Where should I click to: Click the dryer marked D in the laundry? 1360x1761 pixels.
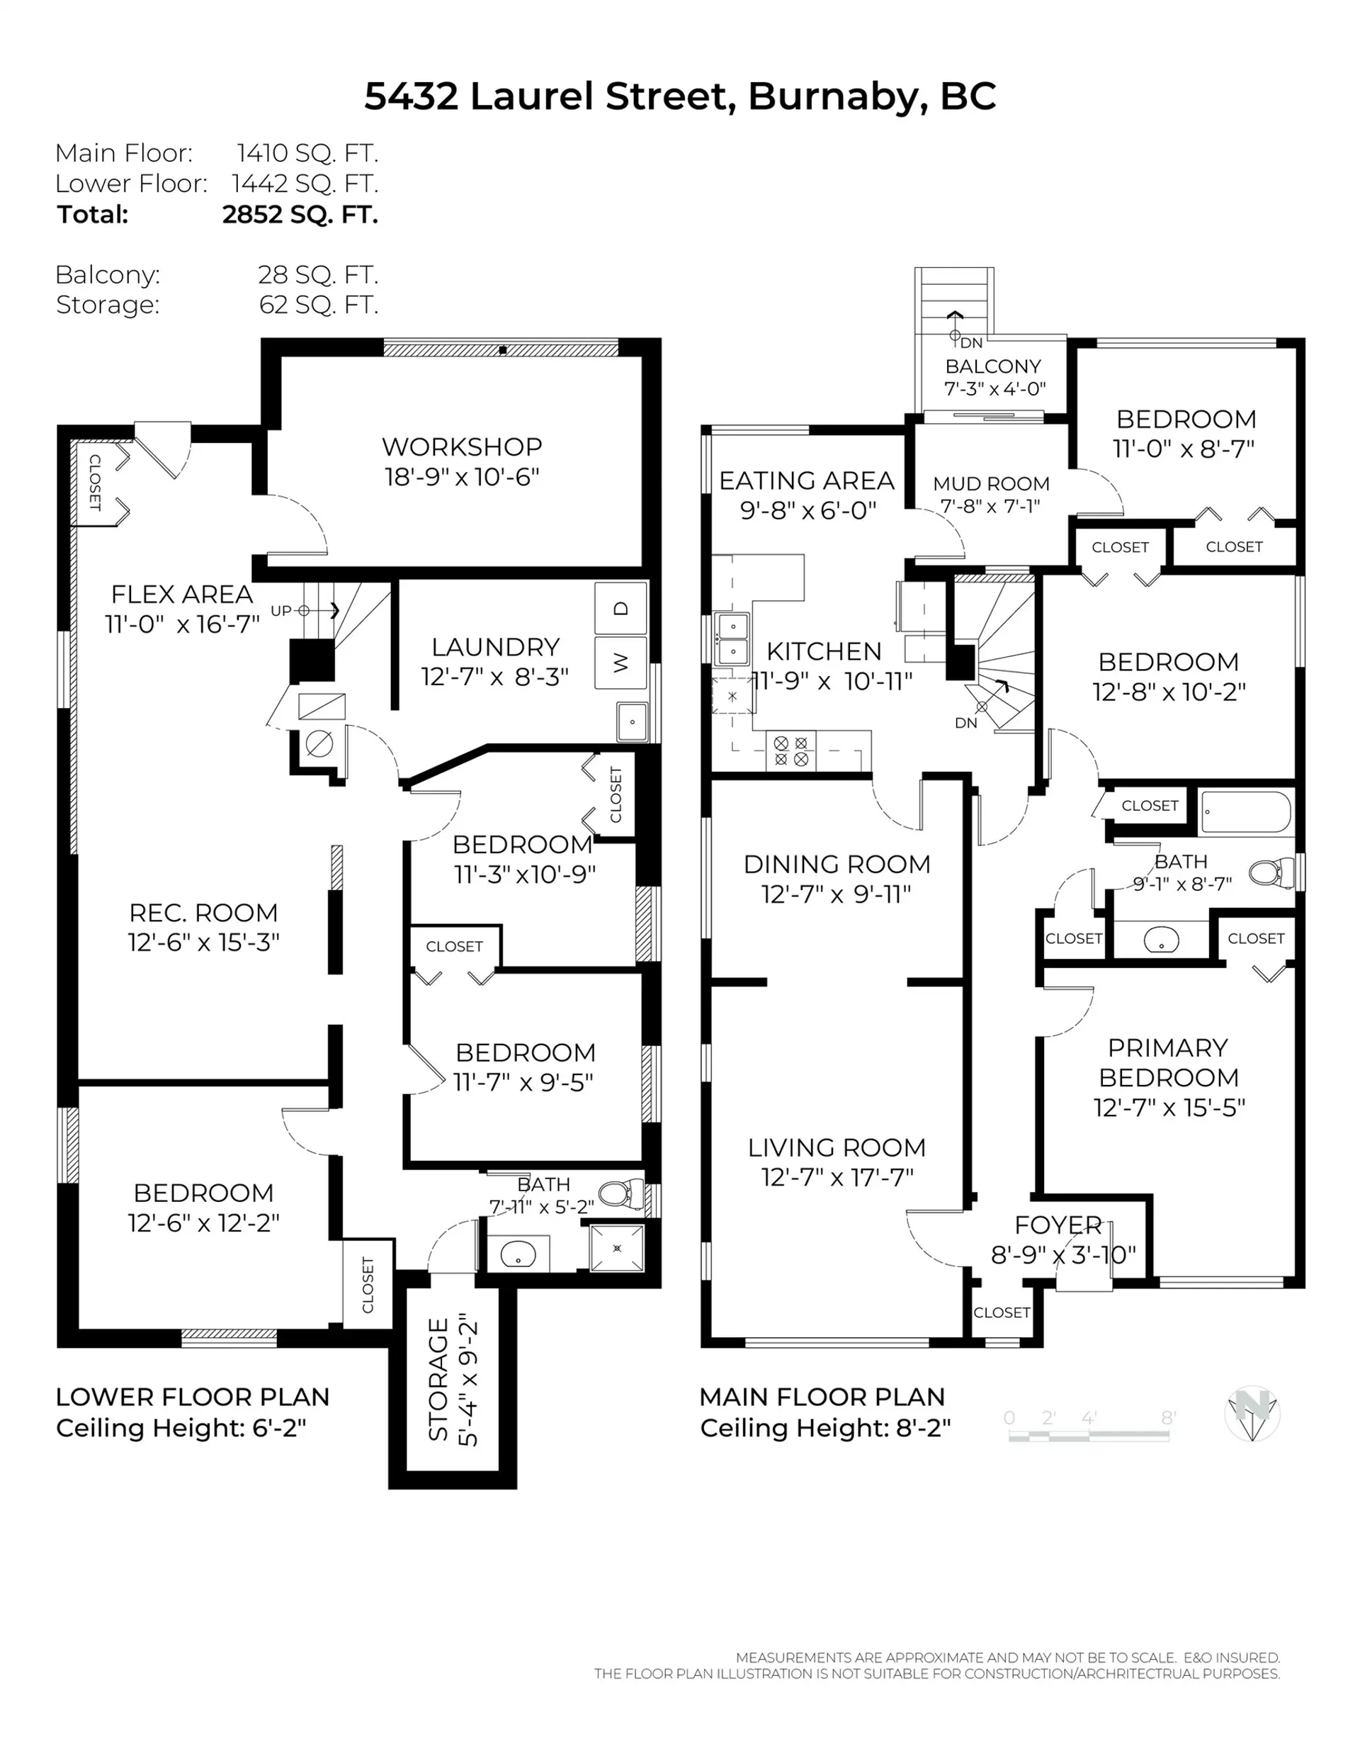[620, 608]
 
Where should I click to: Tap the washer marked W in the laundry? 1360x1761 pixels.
[620, 663]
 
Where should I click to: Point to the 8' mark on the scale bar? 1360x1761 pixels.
[1168, 1417]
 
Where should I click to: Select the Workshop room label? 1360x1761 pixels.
[461, 446]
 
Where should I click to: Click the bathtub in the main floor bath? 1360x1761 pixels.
[1245, 812]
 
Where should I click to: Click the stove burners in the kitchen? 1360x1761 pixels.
[790, 750]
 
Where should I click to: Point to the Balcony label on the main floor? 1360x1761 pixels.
[993, 366]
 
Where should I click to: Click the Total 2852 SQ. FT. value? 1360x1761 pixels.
[300, 215]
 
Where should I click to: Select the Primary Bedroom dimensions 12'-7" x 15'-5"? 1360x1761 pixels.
[1168, 1108]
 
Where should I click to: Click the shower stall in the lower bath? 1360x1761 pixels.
[617, 1248]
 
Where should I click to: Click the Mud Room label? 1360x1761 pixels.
[991, 484]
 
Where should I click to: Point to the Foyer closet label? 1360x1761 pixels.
[1002, 1312]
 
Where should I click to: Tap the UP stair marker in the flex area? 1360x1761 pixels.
[281, 610]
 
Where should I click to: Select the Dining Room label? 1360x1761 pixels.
[836, 865]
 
